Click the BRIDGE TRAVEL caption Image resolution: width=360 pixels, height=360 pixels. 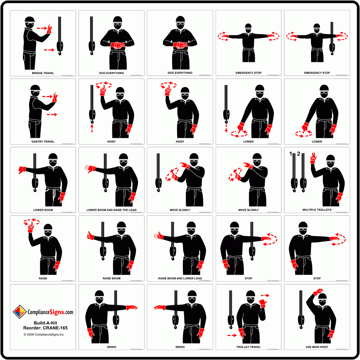43,73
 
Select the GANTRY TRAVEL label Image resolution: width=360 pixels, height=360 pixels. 43,141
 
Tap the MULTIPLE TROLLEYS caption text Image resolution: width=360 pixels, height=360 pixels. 317,210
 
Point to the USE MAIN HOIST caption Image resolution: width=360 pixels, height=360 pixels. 317,347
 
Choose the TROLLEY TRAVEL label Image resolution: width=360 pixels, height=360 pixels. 248,347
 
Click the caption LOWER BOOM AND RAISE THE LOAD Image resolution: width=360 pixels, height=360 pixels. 112,210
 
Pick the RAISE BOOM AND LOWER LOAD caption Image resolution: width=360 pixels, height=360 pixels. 180,278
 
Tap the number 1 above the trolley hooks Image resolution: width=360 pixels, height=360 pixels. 291,154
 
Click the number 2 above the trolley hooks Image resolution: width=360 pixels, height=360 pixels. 298,154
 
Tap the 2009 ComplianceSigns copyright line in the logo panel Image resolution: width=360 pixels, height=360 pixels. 44,334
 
